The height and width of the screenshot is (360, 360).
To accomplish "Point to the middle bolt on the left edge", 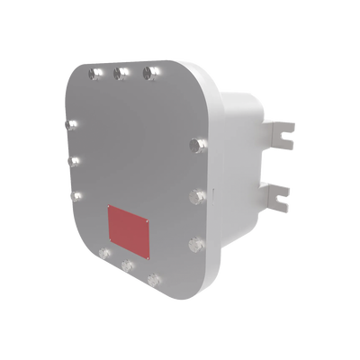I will pyautogui.click(x=76, y=162).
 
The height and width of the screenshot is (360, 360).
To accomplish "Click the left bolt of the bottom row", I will pyautogui.click(x=105, y=253).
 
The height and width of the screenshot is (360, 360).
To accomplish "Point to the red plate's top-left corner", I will pyautogui.click(x=109, y=205).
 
